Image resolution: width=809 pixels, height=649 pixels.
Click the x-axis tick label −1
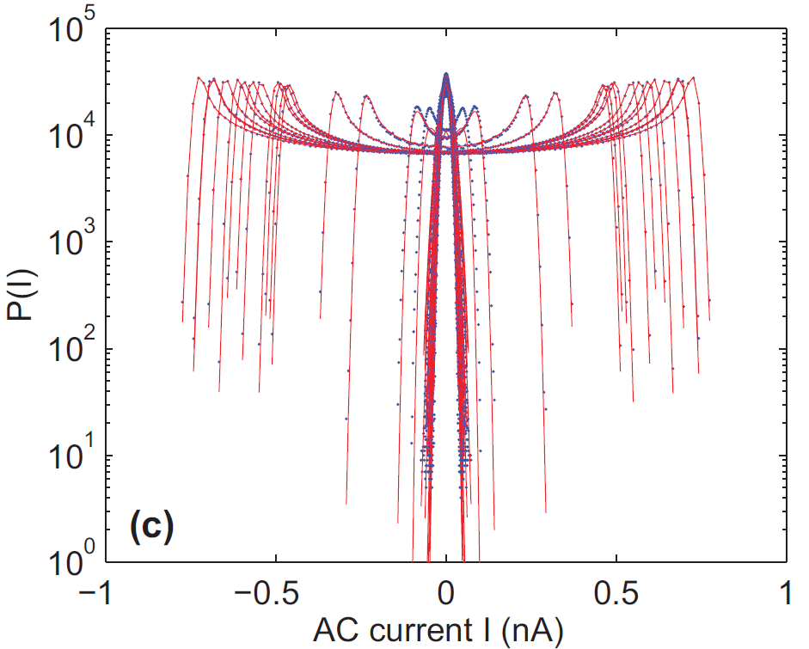click(x=96, y=593)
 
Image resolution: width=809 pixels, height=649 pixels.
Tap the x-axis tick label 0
click(x=446, y=593)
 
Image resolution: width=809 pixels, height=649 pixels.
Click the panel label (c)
click(x=150, y=523)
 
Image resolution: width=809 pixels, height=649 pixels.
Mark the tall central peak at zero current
click(x=446, y=75)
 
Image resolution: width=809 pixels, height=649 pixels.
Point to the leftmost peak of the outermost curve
click(x=199, y=77)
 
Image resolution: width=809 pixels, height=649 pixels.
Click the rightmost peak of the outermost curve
click(x=693, y=77)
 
